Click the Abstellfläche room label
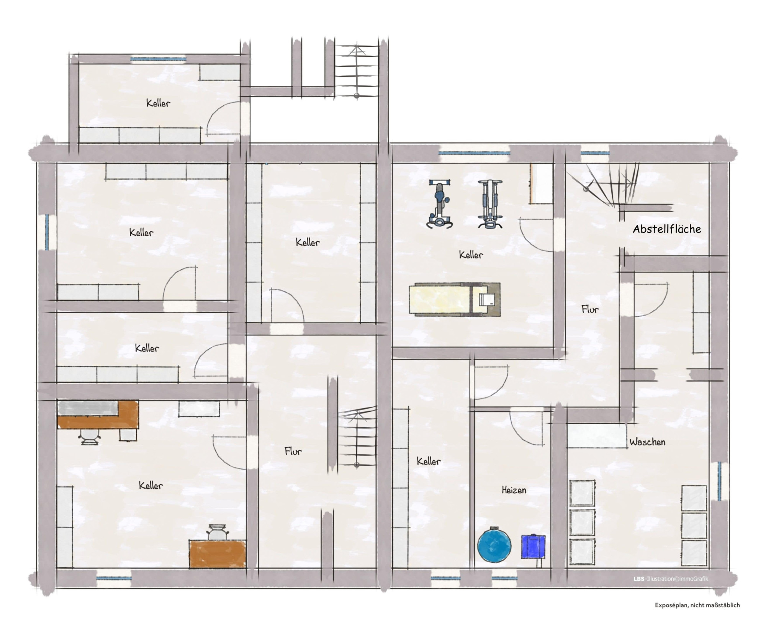[667, 229]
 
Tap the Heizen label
[514, 490]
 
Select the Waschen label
[647, 442]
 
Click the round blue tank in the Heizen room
[494, 545]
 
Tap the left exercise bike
[440, 205]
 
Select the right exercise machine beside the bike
[490, 205]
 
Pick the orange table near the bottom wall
[217, 554]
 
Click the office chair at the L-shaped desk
[91, 437]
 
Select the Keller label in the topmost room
[158, 103]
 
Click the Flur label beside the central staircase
[293, 451]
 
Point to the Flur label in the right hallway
[590, 309]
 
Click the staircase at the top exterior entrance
[357, 71]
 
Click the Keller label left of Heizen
[429, 461]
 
